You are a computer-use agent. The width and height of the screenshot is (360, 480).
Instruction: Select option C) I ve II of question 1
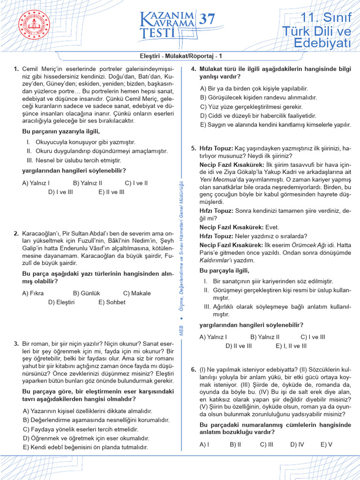pos(136,183)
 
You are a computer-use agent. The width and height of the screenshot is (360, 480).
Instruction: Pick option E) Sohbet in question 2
pos(112,302)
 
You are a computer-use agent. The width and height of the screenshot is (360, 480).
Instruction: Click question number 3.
pos(16,344)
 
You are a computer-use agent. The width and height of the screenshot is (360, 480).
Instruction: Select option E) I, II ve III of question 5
pos(291,346)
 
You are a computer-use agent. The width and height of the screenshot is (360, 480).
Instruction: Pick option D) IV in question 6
pos(297,444)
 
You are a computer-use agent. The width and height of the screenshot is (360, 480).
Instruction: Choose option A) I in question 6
pos(204,444)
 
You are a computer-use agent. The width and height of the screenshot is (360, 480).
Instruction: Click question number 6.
pos(194,370)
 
